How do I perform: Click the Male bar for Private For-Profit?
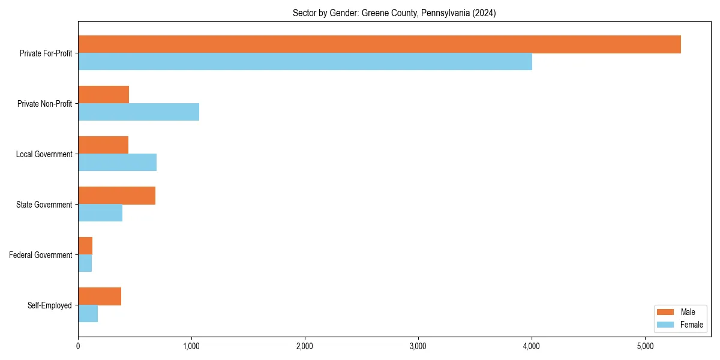(x=379, y=44)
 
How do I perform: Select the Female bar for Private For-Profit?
(x=305, y=62)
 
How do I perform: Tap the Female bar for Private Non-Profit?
(x=139, y=112)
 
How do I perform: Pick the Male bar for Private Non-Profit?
(x=103, y=95)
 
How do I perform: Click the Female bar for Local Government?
(x=117, y=163)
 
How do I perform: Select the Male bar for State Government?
(x=116, y=196)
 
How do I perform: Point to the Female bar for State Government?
(x=100, y=213)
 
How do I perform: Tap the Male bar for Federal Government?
(x=85, y=246)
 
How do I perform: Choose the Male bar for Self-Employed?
(x=100, y=296)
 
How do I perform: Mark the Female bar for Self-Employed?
(x=88, y=314)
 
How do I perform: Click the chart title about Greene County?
(x=394, y=13)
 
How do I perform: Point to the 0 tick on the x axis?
(x=78, y=346)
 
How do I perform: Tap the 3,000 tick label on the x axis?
(x=418, y=346)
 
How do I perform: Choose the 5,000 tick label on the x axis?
(x=645, y=346)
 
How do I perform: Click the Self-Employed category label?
(x=50, y=305)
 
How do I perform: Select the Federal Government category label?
(x=41, y=255)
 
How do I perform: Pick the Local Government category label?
(x=44, y=154)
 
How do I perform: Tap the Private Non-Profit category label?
(x=44, y=104)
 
